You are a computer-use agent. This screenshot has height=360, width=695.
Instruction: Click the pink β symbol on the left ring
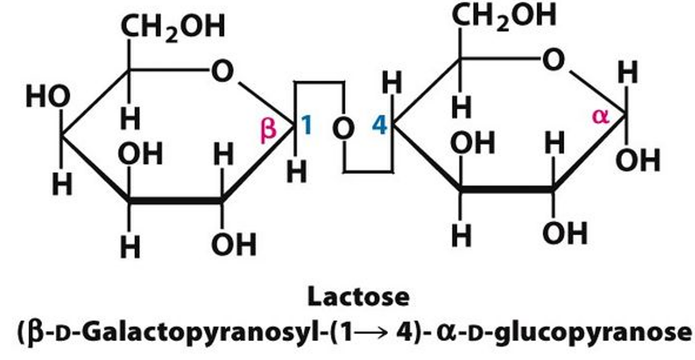tap(269, 129)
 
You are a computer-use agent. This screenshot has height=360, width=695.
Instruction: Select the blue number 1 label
tap(307, 126)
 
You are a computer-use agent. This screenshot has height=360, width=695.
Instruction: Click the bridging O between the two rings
tap(344, 129)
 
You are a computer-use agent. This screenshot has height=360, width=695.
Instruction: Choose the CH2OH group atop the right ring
tap(505, 15)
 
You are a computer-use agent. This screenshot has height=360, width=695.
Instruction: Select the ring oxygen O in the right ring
tap(552, 61)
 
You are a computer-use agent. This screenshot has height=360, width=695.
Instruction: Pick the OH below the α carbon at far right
tap(638, 161)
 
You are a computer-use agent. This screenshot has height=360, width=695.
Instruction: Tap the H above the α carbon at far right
tap(628, 74)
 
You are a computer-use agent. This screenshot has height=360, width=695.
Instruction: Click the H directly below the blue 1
tap(296, 171)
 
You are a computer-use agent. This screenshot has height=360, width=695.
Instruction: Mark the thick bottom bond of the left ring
tap(175, 202)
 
